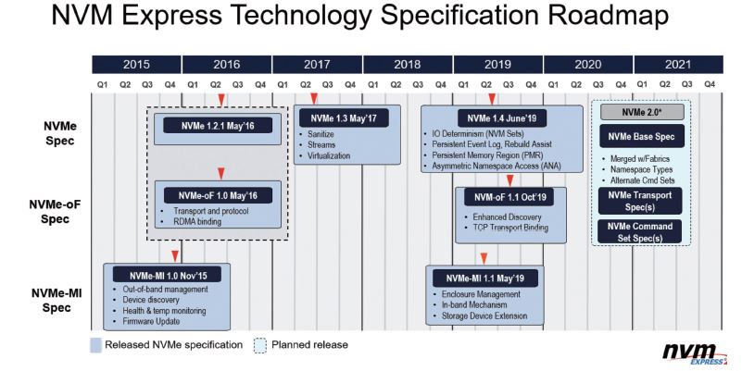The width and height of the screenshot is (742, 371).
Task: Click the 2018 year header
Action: [x=408, y=64]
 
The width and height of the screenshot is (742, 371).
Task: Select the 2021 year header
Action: [x=678, y=64]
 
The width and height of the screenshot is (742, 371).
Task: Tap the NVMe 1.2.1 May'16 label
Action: [x=218, y=126]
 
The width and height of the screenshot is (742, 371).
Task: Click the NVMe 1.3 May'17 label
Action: [x=344, y=118]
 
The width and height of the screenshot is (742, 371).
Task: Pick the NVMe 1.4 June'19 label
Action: [x=501, y=118]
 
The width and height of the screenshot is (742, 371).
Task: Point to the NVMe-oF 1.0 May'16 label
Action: [x=218, y=195]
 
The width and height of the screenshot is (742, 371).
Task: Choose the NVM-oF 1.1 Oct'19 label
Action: [x=509, y=197]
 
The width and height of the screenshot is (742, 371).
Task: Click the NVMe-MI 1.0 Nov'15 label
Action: [x=168, y=275]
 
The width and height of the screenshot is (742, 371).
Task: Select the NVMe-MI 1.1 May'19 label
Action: [x=485, y=278]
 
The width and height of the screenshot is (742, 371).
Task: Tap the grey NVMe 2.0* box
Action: [x=642, y=113]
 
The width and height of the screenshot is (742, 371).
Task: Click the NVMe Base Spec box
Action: [x=642, y=137]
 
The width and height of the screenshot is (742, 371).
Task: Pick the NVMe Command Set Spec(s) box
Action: [x=640, y=232]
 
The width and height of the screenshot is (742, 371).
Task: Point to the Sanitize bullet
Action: [x=321, y=134]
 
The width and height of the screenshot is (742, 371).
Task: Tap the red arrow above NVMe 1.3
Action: [x=314, y=99]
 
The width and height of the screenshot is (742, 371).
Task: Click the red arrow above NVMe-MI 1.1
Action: [x=484, y=258]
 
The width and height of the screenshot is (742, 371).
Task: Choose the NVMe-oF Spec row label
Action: [x=55, y=212]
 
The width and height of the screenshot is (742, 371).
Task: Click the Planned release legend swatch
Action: [x=259, y=345]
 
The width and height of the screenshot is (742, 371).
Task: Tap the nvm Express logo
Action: [x=695, y=353]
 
